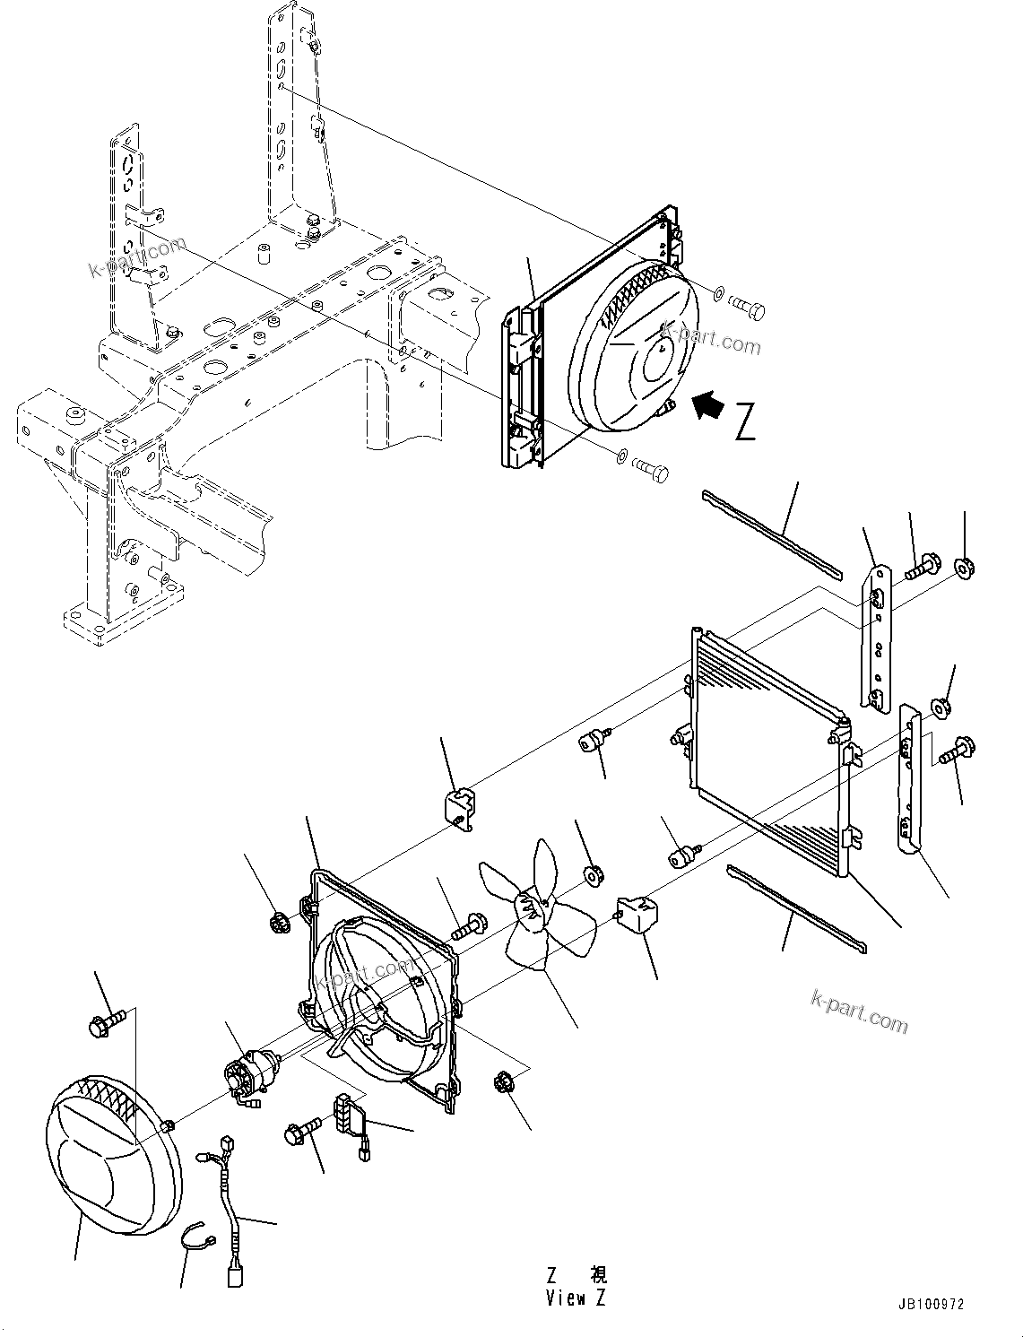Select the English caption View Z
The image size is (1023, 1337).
coord(577,1298)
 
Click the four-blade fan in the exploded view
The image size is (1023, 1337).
coord(538,906)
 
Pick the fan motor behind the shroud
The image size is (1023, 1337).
coord(253,1074)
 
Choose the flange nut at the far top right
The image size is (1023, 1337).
coord(965,567)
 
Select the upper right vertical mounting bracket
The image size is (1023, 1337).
coord(878,633)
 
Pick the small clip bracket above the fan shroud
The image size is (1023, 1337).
coord(460,806)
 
